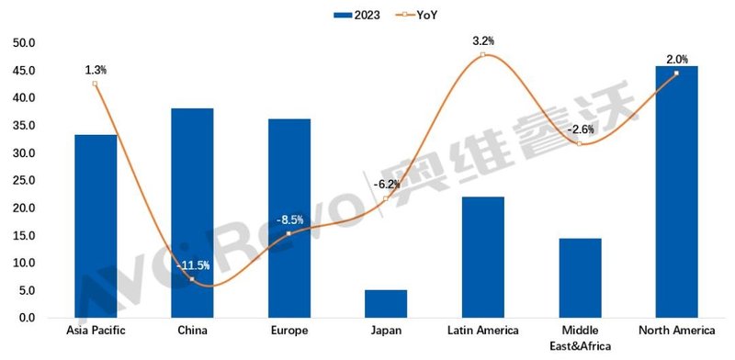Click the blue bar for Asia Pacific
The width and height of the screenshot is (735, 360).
tap(96, 226)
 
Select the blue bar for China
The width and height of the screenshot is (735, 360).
tap(192, 213)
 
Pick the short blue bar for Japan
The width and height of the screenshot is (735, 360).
tap(386, 304)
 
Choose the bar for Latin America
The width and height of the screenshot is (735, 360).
tap(482, 257)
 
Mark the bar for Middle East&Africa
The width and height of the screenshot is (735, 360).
tap(580, 278)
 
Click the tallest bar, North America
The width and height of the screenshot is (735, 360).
tap(676, 192)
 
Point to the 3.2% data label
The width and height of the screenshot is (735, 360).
tap(483, 40)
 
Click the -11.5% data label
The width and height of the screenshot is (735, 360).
tap(193, 266)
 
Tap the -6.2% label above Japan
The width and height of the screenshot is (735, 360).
tap(387, 185)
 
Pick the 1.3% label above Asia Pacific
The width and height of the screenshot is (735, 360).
tap(95, 69)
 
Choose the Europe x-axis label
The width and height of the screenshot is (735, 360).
tap(289, 331)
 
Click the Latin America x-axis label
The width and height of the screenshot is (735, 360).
tap(482, 331)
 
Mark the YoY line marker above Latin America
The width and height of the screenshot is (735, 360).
tap(482, 55)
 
